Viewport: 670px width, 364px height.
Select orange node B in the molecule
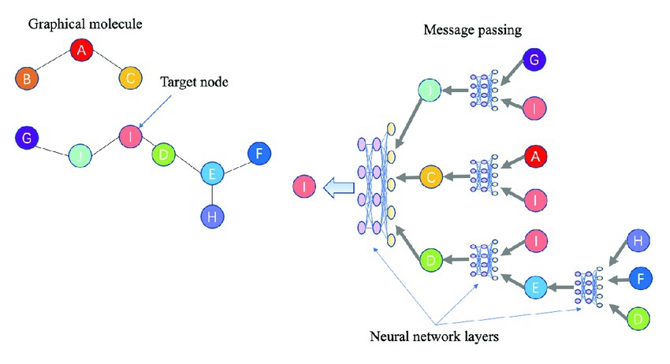point(28,79)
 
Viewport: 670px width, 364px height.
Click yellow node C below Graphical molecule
point(131,79)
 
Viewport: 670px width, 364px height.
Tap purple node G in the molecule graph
point(28,139)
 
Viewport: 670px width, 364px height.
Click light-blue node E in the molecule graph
point(212,173)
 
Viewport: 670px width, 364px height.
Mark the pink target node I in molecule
point(130,136)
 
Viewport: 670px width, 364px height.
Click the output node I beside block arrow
point(304,188)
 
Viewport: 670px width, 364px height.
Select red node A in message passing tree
point(535,158)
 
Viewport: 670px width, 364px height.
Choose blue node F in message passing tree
point(640,277)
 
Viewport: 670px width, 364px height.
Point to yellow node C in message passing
point(432,177)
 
